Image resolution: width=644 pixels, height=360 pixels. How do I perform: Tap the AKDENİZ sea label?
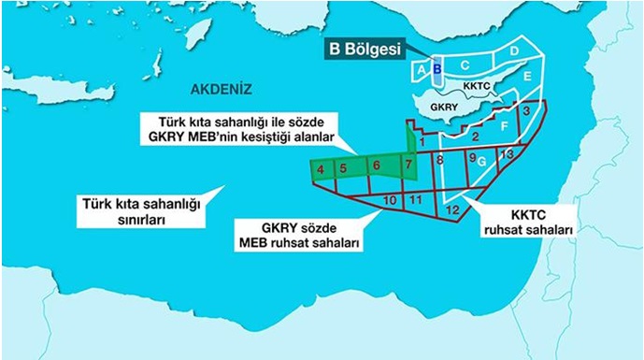221,90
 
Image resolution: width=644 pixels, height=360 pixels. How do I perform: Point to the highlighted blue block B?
436,69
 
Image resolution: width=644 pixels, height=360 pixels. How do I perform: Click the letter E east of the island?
527,76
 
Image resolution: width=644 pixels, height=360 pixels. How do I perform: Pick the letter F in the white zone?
504,124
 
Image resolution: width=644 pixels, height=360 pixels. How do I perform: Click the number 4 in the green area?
321,169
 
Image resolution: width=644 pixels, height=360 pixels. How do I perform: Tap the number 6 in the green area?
376,166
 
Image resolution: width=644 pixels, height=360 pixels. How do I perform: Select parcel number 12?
451,209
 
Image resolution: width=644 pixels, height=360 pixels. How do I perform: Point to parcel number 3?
527,111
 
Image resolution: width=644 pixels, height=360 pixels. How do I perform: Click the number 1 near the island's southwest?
422,140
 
